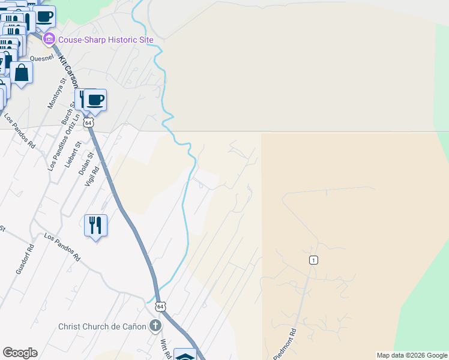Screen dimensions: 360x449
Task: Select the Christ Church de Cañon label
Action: pos(102,326)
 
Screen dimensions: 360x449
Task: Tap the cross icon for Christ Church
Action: pos(155,326)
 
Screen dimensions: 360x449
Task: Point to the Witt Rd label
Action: pos(164,347)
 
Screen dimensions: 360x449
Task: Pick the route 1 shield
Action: pos(313,260)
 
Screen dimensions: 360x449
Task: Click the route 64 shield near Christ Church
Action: pos(160,307)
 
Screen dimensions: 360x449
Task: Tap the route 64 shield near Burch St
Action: pos(89,122)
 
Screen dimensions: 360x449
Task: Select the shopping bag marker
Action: pos(22,73)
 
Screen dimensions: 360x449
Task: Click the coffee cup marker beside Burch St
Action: pos(95,100)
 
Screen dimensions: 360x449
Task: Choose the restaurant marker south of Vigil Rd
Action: pos(95,226)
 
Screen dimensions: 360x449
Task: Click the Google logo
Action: pos(20,353)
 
